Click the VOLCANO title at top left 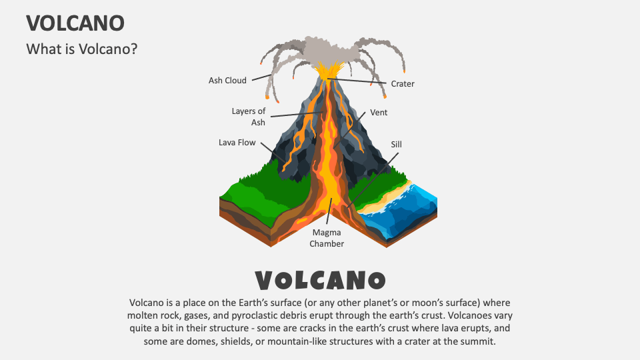(75, 23)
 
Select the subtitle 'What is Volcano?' (81, 49)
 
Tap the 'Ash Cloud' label (227, 81)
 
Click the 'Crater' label (403, 84)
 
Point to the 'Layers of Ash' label (249, 117)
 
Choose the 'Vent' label (379, 113)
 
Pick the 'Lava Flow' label (237, 143)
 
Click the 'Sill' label (397, 144)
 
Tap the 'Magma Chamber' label (327, 238)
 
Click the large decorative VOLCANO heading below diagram (320, 280)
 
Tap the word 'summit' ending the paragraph (481, 341)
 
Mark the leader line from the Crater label (357, 81)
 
